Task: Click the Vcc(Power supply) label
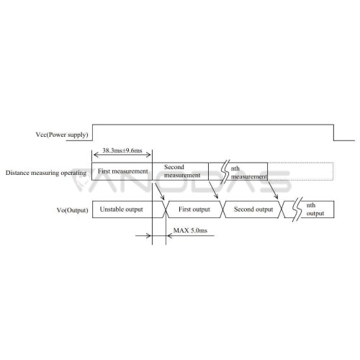(62, 135)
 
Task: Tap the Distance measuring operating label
(46, 173)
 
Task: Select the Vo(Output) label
(72, 210)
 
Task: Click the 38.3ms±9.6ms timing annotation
(122, 150)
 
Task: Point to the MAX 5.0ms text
(190, 230)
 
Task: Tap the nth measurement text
(248, 173)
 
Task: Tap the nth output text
(315, 210)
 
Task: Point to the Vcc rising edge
(93, 132)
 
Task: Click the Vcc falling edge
(333, 132)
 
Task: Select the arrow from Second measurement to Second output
(214, 190)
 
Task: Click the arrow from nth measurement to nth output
(273, 190)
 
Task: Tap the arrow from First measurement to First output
(160, 192)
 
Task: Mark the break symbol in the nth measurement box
(225, 171)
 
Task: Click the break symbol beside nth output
(297, 210)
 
